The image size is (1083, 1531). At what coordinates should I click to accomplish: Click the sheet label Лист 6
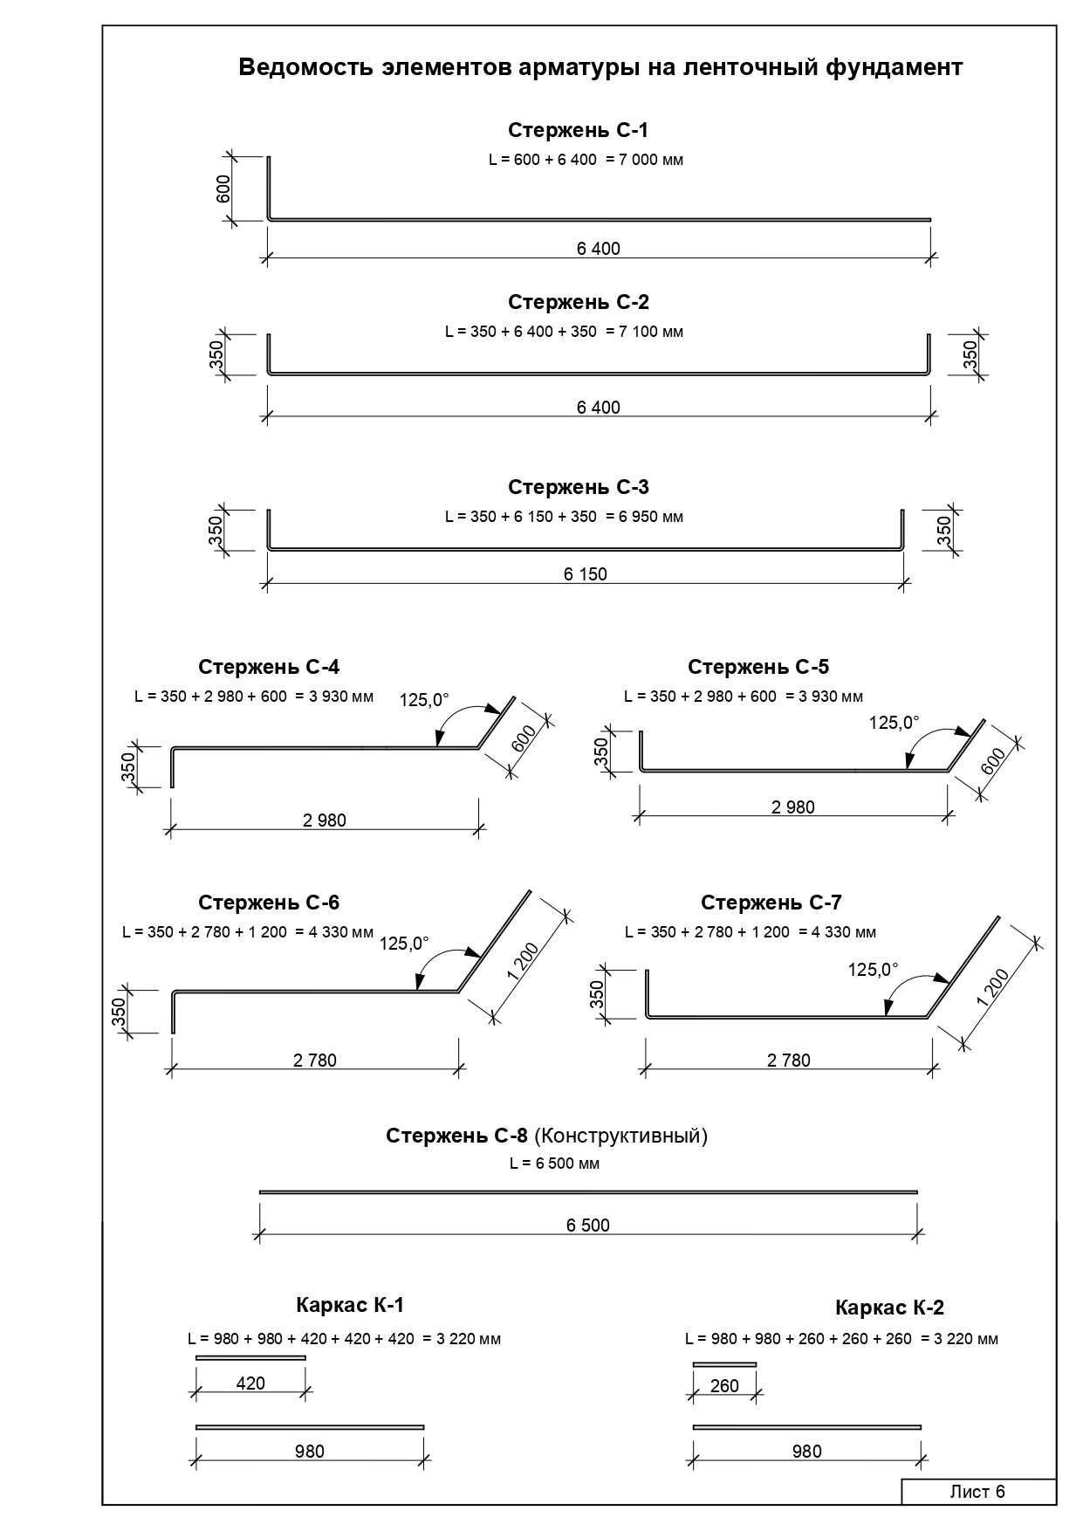tap(977, 1492)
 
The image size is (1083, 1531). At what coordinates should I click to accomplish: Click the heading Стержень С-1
tap(579, 130)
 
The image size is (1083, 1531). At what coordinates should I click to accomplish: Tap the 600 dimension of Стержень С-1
tap(223, 189)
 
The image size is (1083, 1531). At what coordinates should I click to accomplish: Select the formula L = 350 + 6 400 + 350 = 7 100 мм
tap(564, 332)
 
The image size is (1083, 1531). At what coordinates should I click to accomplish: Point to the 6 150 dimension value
tap(586, 574)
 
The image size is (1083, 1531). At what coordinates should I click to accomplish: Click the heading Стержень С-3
tap(579, 487)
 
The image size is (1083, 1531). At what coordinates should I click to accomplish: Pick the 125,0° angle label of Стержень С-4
tap(424, 699)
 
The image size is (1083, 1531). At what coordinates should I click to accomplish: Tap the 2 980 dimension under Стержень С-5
tap(793, 807)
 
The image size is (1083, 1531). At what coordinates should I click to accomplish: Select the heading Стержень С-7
tap(771, 903)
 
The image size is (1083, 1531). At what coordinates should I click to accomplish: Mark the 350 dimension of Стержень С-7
tap(598, 994)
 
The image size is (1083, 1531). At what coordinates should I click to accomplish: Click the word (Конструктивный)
tap(620, 1136)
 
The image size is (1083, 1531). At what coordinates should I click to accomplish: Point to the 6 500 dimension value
tap(588, 1225)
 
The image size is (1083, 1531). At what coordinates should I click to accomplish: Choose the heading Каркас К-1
tap(350, 1305)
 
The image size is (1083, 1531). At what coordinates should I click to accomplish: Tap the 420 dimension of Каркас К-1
tap(250, 1383)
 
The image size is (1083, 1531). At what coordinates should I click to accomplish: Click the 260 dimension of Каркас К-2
tap(724, 1386)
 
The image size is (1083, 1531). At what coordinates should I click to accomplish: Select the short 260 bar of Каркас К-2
tap(724, 1363)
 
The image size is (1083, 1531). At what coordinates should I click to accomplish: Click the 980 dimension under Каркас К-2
tap(807, 1452)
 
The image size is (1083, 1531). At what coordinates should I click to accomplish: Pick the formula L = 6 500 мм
tap(555, 1164)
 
